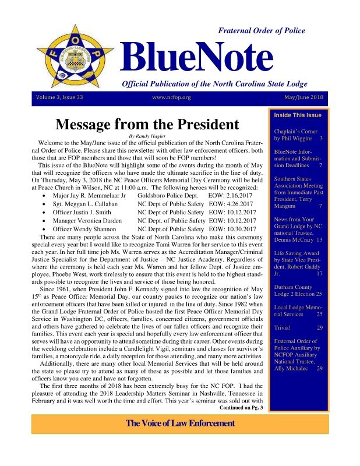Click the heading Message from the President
[x=147, y=125]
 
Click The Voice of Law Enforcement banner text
[x=181, y=423]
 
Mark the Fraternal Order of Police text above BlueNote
[x=261, y=30]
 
